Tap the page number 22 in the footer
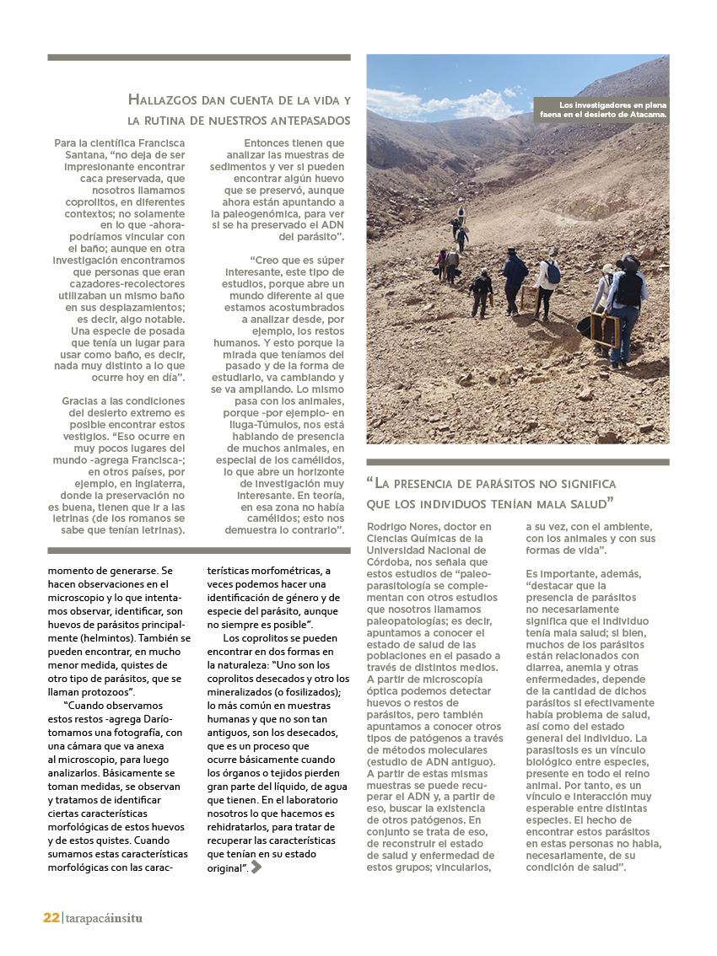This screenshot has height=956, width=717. (x=51, y=918)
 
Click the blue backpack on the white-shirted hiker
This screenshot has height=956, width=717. (x=553, y=273)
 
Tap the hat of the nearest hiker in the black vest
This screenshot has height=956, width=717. (x=628, y=262)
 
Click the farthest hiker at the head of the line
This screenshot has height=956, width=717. (x=461, y=215)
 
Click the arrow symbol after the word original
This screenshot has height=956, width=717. (x=256, y=867)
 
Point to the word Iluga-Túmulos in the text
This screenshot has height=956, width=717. (x=261, y=424)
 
